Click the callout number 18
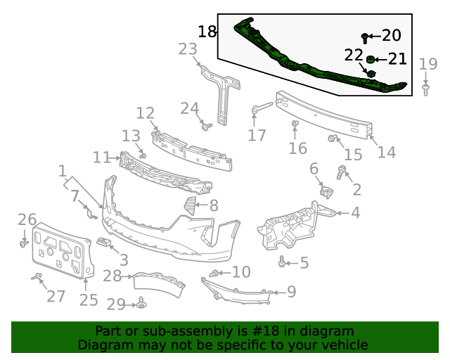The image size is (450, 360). coord(207,32)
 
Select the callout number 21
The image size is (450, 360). coord(397,59)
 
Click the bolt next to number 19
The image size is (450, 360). coord(425,89)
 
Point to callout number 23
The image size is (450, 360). coord(188,49)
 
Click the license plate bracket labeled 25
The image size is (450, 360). coord(62,250)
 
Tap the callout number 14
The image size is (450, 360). coord(386,152)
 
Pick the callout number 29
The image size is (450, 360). coord(115,304)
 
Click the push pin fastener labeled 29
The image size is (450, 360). coord(141,304)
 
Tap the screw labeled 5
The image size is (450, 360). coord(283,262)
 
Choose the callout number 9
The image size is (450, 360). coord(291,291)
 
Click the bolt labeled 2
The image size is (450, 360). coord(342,171)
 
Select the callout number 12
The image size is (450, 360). coord(145,112)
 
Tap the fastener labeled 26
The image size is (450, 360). coord(24,243)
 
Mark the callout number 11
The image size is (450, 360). coord(101,157)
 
